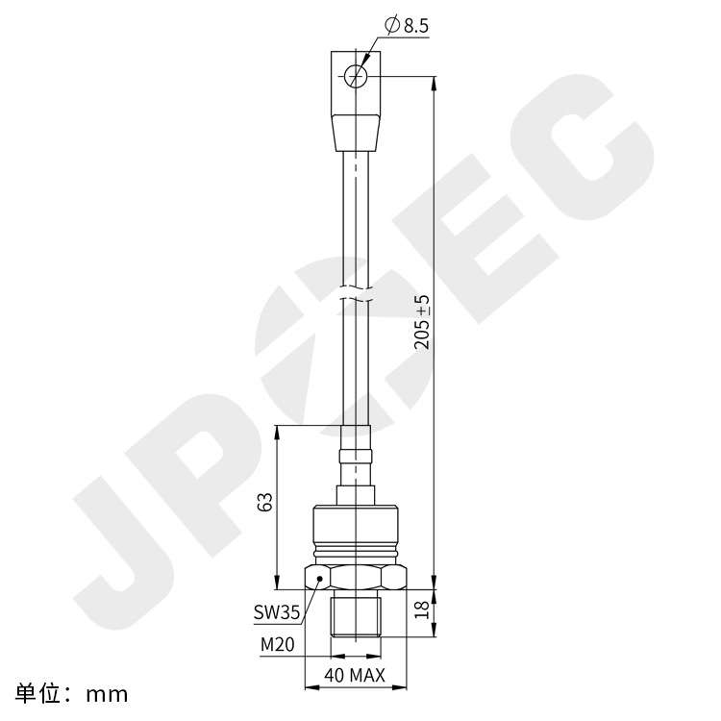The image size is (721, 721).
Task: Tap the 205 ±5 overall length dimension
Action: point(421,322)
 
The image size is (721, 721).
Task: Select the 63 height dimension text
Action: point(265,502)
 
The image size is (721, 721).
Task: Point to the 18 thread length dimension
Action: point(420,609)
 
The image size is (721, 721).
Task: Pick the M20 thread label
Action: point(277,644)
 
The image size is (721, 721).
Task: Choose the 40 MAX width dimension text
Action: point(355,676)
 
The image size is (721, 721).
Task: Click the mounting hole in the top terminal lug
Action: point(356,75)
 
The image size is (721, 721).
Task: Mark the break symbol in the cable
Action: point(356,295)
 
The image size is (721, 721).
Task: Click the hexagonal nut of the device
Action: point(355,578)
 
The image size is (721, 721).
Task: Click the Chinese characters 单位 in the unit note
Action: point(43,692)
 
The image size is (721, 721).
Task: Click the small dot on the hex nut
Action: point(320,580)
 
